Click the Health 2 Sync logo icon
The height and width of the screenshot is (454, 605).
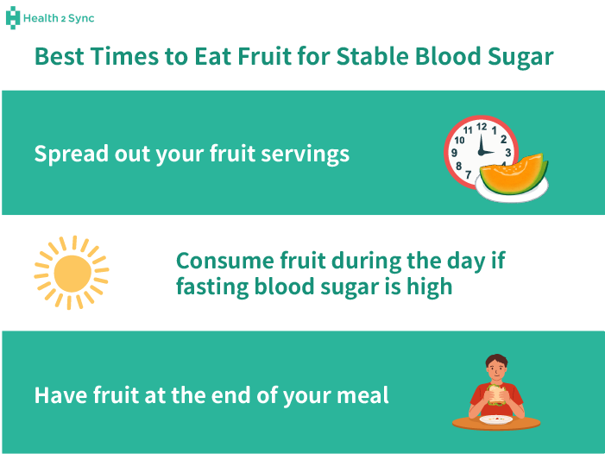[x=13, y=17]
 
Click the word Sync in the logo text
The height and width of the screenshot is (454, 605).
[x=79, y=17]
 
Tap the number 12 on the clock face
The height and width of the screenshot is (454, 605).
[x=482, y=127]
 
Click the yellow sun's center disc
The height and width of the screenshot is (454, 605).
[x=72, y=273]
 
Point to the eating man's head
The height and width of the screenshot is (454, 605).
[x=495, y=366]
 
